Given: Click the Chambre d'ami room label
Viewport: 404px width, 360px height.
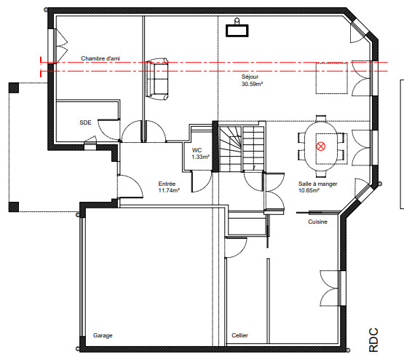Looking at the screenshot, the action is (x=100, y=58).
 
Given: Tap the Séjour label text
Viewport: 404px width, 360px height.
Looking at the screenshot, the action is (x=250, y=77).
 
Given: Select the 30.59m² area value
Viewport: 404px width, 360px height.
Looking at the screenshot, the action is (x=252, y=84).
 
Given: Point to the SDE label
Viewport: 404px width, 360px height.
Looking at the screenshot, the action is (x=85, y=122).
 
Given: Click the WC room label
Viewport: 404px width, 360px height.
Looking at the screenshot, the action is (x=197, y=150).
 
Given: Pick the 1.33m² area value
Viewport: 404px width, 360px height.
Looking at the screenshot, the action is (x=200, y=157).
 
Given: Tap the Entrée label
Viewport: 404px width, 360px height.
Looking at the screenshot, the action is (x=167, y=184).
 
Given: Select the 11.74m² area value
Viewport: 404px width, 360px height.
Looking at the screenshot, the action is (x=169, y=191).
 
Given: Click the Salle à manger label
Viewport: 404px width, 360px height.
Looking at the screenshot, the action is (x=317, y=184).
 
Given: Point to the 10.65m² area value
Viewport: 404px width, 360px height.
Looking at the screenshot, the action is (x=309, y=191).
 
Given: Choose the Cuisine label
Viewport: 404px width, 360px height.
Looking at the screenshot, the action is (x=317, y=222).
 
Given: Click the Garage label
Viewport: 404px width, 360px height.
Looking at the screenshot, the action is (x=103, y=335).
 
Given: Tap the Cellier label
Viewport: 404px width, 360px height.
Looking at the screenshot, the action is (x=239, y=335).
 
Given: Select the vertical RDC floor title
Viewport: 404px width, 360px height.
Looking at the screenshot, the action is (x=373, y=340).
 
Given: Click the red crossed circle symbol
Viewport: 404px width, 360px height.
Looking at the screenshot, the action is (x=321, y=146).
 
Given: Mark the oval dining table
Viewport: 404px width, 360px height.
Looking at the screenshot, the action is (x=321, y=146).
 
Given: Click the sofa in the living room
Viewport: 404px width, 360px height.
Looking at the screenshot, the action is (x=157, y=79).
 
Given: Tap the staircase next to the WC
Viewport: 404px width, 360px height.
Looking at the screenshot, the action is (x=242, y=149).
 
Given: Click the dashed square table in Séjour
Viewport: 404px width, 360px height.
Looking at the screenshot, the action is (x=332, y=78).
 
